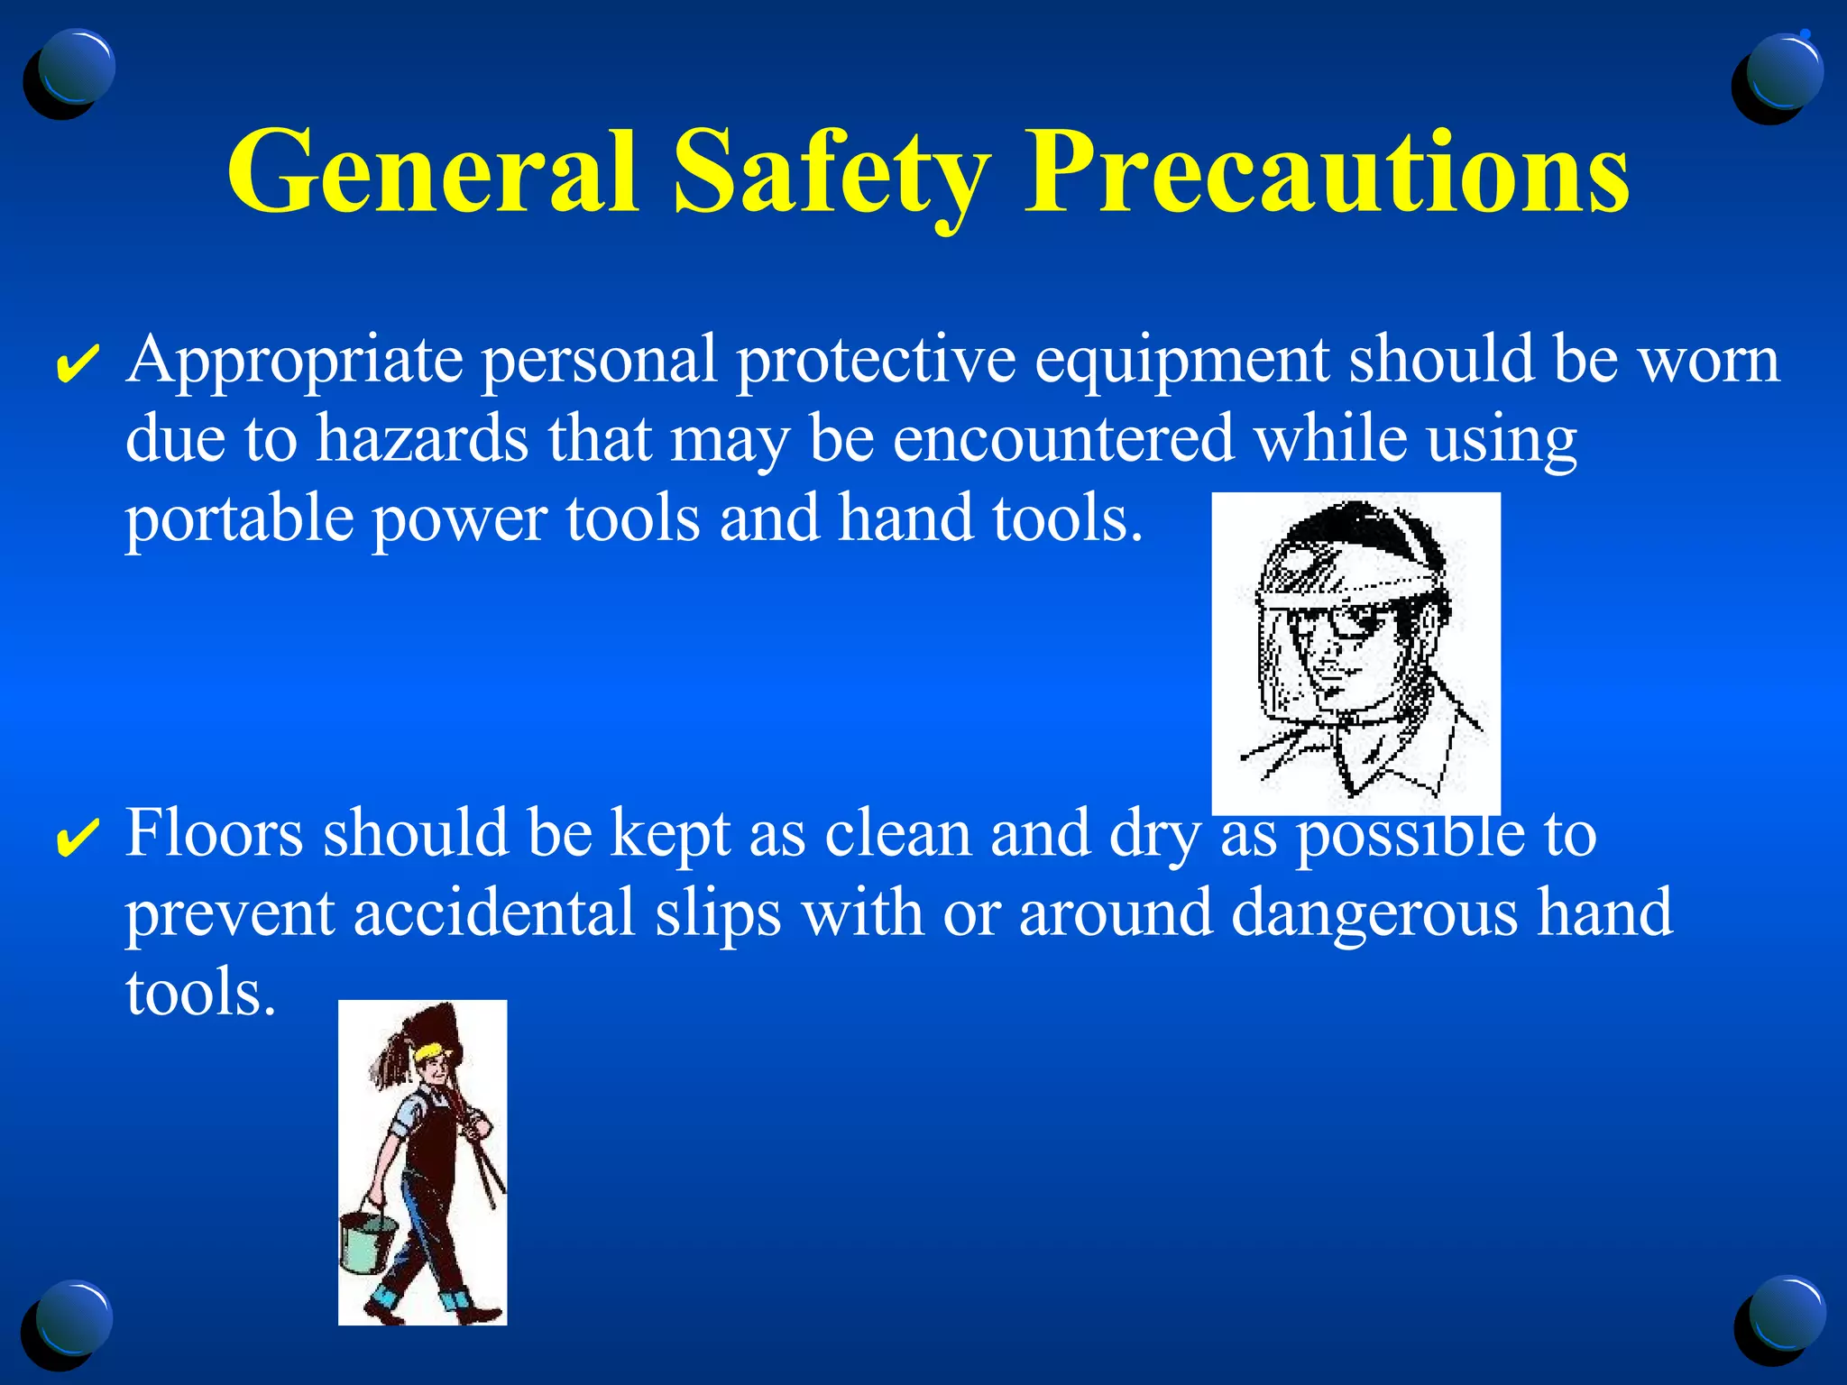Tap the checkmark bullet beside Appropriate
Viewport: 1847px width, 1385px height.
(78, 363)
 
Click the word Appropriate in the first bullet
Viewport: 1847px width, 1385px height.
(295, 361)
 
